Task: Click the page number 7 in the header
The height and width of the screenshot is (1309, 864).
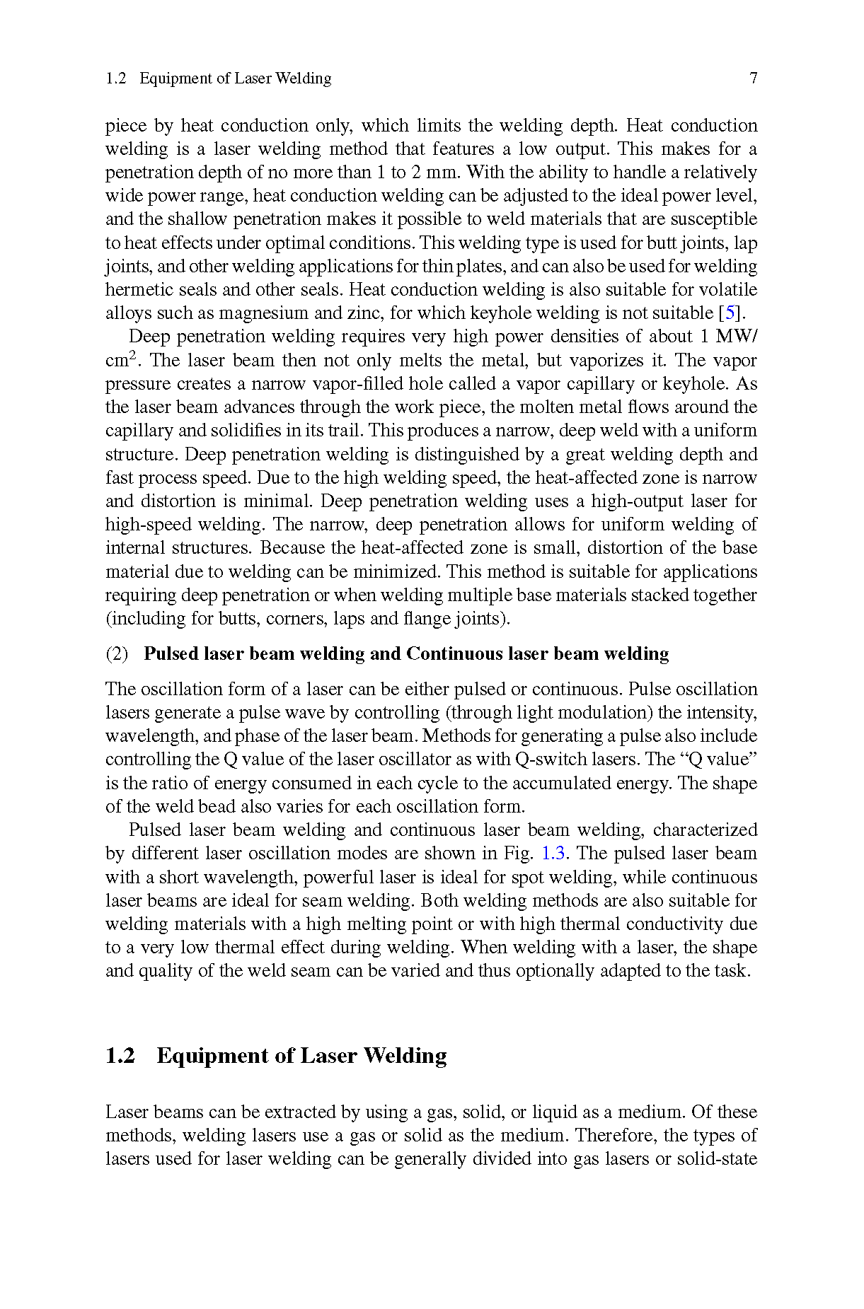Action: (x=753, y=78)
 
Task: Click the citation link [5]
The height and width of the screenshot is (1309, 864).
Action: (x=731, y=313)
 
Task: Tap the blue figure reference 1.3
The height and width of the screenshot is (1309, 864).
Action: (x=553, y=853)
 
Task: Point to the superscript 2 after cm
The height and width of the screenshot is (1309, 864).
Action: (x=132, y=355)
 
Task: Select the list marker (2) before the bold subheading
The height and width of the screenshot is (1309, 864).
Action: (x=117, y=653)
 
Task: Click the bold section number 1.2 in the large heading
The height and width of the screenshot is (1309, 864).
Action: (x=120, y=1056)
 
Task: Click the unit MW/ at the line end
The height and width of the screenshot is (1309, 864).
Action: (x=737, y=336)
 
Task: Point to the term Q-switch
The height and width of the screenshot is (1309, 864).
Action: (x=557, y=759)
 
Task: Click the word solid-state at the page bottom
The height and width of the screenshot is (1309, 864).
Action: (x=717, y=1158)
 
